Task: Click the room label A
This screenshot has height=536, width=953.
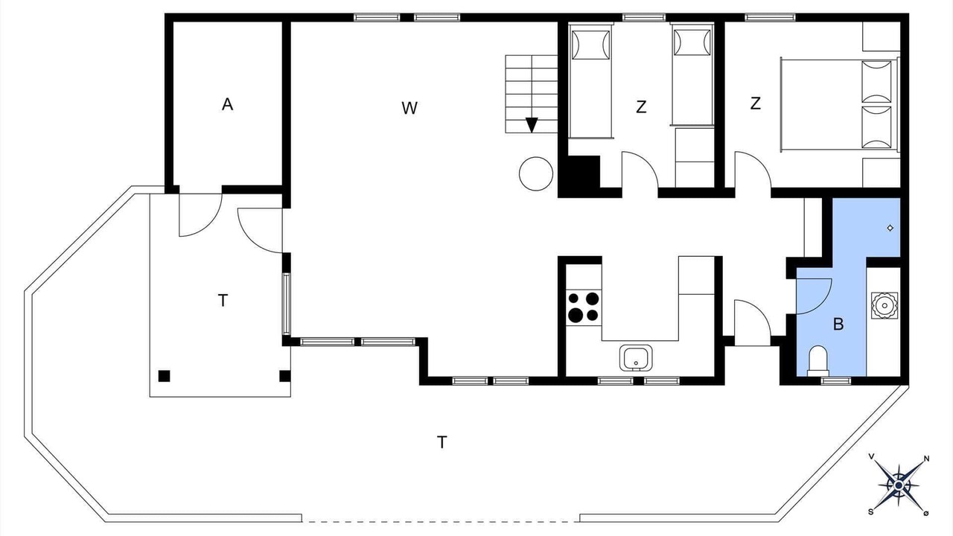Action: point(227,104)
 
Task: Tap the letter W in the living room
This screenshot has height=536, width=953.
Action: point(409,108)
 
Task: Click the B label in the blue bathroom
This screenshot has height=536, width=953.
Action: point(838,324)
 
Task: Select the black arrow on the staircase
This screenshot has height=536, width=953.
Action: point(532,125)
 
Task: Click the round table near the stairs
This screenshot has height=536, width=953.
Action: point(536,173)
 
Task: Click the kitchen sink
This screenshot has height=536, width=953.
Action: point(636,358)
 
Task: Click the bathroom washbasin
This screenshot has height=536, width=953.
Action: point(884,305)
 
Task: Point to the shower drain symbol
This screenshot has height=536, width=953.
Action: point(890,228)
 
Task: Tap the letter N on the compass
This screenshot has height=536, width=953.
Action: point(926,459)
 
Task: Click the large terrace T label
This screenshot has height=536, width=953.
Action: point(442,442)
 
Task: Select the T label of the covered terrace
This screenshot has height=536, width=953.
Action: point(223,300)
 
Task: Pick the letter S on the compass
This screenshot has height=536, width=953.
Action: point(871,511)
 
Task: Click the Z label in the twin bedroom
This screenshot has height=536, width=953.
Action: point(641,106)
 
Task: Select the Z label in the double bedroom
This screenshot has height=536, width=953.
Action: point(755,103)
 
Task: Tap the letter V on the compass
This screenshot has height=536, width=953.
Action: point(871,456)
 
